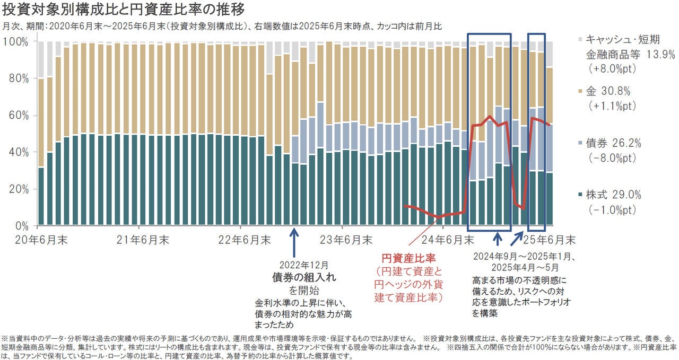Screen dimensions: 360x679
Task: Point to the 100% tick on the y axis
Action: pyautogui.click(x=18, y=41)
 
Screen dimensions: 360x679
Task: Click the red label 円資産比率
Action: pyautogui.click(x=408, y=259)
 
